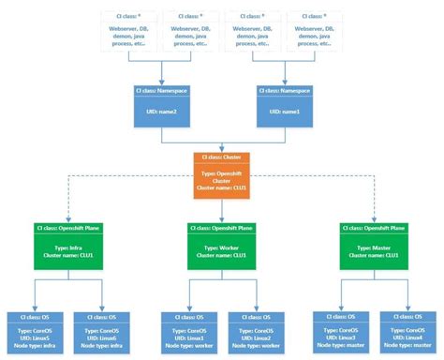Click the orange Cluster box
222,173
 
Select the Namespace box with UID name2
161,105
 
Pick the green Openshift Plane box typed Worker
222,247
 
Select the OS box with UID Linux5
35,330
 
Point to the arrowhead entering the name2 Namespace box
161,82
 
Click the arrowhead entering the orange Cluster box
222,150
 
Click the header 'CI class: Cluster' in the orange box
222,157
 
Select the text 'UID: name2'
161,111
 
